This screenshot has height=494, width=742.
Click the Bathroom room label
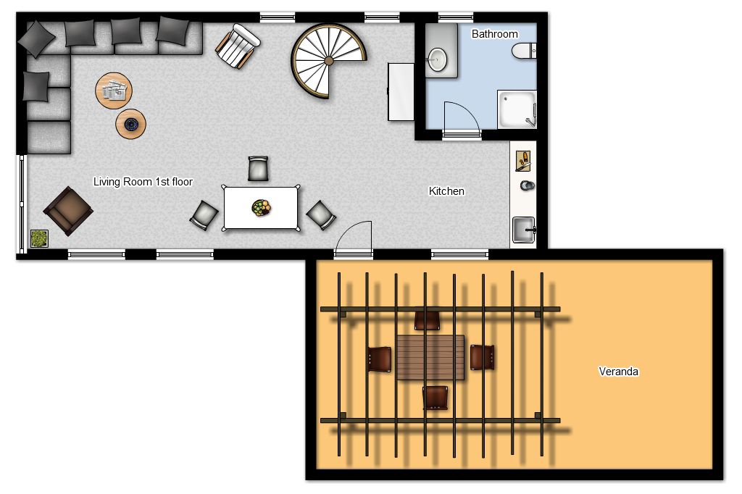(x=494, y=34)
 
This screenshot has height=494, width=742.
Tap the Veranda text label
(x=619, y=372)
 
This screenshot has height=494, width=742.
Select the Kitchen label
(x=446, y=191)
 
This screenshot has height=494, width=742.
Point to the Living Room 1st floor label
(x=143, y=182)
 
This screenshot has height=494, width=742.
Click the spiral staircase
(x=328, y=61)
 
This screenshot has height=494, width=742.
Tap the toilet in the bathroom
(x=524, y=51)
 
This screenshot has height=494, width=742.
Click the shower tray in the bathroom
(x=517, y=109)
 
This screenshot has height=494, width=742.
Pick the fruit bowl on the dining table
(x=261, y=208)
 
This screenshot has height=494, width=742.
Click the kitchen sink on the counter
(x=524, y=230)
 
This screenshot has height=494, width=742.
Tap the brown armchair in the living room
(x=68, y=211)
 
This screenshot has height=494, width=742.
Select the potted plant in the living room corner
(x=39, y=238)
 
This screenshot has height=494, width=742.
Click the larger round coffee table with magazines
(x=114, y=91)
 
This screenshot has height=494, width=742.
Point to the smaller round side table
(x=130, y=124)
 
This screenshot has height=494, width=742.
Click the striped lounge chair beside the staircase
(x=238, y=46)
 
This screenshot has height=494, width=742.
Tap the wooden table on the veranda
(x=430, y=357)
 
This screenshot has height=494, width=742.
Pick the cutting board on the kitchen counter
(x=523, y=161)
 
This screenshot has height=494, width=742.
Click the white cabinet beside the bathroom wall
(x=401, y=92)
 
